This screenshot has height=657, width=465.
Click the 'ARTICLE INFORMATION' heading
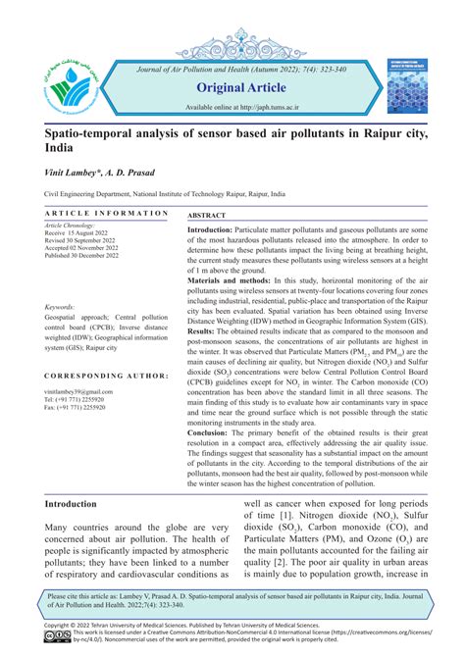107,213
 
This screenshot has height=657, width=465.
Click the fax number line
76,407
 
